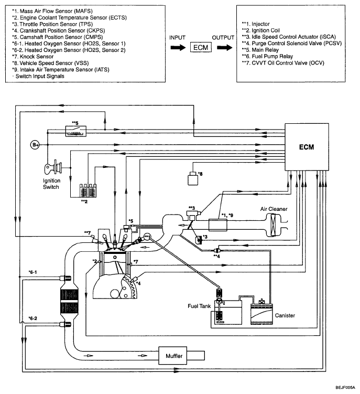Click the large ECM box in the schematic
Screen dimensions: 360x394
coord(307,147)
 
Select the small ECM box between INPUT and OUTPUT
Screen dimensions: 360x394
coord(201,47)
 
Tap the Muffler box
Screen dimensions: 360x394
coord(173,356)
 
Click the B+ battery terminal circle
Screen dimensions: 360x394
coord(35,145)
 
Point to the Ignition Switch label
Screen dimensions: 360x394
coord(51,184)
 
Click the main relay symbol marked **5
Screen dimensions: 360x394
coord(76,131)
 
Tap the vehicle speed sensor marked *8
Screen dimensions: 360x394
coord(193,178)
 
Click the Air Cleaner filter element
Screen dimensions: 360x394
coord(273,225)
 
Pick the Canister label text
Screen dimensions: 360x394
coord(285,315)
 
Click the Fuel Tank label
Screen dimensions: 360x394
coord(199,306)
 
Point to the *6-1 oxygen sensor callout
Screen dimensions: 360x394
coord(32,272)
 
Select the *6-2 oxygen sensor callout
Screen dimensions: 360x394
coord(32,318)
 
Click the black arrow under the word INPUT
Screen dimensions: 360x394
coord(178,48)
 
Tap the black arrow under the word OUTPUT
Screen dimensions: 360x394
coord(225,48)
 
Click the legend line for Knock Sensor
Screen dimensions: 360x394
coord(32,57)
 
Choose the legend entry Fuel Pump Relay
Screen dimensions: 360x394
coord(267,56)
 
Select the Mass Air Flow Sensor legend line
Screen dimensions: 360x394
coord(52,11)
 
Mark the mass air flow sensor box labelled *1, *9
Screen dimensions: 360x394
coord(217,225)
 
